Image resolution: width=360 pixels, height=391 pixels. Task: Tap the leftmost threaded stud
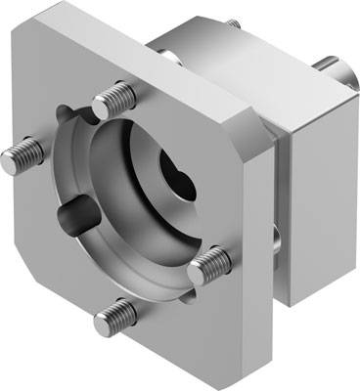(x=22, y=152)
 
